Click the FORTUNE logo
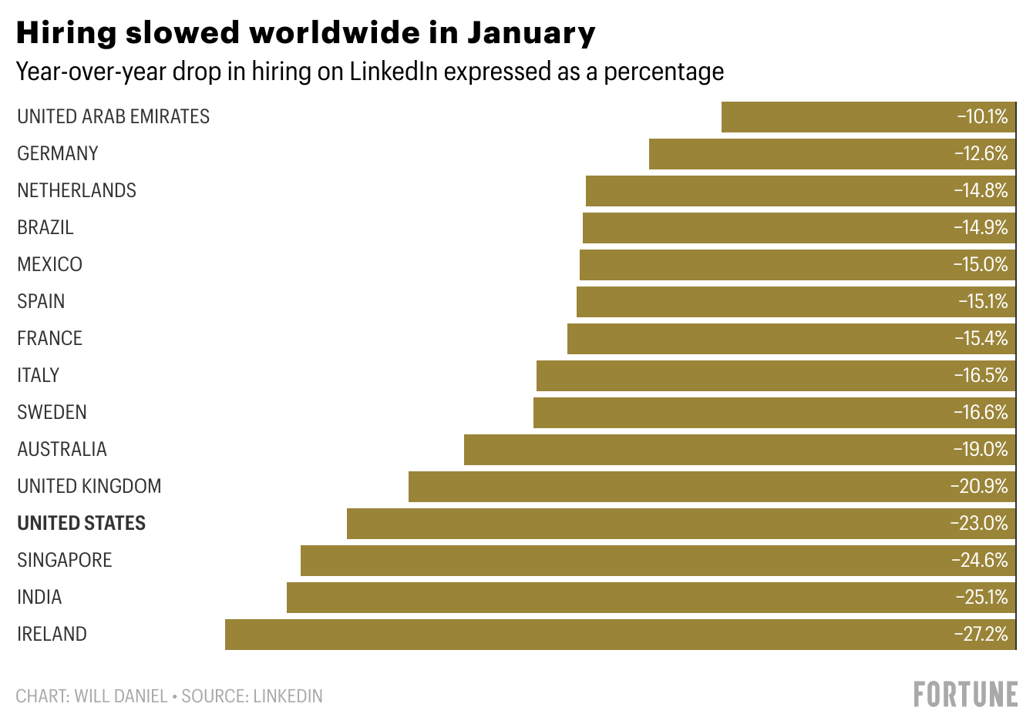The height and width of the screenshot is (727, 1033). pyautogui.click(x=965, y=694)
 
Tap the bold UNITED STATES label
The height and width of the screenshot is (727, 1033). pyautogui.click(x=81, y=523)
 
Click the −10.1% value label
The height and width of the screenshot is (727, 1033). pyautogui.click(x=982, y=117)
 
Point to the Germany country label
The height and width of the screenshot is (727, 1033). pyautogui.click(x=58, y=153)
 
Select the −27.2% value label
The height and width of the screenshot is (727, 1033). pyautogui.click(x=981, y=635)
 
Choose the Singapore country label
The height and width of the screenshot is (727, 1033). pyautogui.click(x=65, y=560)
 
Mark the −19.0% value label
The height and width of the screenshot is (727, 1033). pyautogui.click(x=981, y=450)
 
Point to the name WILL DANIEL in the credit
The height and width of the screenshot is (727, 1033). pyautogui.click(x=120, y=696)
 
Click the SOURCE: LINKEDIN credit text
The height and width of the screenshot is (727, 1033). pyautogui.click(x=252, y=696)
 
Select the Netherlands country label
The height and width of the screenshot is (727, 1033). pyautogui.click(x=76, y=190)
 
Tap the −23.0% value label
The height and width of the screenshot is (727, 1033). pyautogui.click(x=979, y=524)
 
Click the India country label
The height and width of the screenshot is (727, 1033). pyautogui.click(x=39, y=597)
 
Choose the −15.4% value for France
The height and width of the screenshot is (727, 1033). pyautogui.click(x=981, y=339)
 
